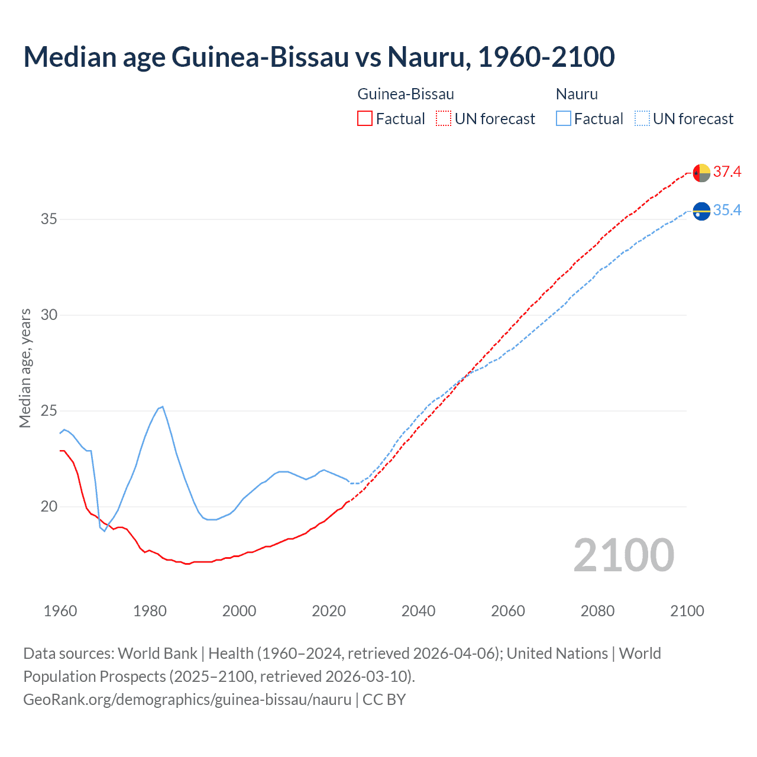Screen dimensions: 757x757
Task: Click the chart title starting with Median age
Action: (x=319, y=57)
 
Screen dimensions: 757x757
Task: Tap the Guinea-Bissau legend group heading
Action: (x=406, y=94)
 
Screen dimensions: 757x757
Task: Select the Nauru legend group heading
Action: (x=577, y=94)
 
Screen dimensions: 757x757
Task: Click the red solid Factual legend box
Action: (x=365, y=119)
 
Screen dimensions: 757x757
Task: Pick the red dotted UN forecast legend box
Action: (x=444, y=119)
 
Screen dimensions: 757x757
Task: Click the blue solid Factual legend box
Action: (x=564, y=119)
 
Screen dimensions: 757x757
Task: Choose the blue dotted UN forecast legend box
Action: (x=642, y=119)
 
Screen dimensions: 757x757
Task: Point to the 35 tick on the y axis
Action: (x=49, y=219)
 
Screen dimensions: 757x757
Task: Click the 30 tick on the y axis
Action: (x=49, y=315)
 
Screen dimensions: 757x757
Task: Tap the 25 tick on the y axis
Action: (x=49, y=411)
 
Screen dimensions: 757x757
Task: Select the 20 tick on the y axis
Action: (x=49, y=507)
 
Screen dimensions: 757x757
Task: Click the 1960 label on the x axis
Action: (x=60, y=611)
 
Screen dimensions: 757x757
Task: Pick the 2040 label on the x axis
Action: (x=418, y=611)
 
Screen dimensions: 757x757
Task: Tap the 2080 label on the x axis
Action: (x=597, y=611)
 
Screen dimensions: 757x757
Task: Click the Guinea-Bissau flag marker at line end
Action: (x=701, y=173)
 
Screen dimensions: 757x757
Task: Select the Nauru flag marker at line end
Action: (x=701, y=211)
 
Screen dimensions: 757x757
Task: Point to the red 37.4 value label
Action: (x=727, y=172)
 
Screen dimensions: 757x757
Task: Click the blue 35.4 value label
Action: (x=727, y=211)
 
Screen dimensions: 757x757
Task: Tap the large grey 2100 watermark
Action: (x=623, y=555)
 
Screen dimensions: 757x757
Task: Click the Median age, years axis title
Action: (x=25, y=368)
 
